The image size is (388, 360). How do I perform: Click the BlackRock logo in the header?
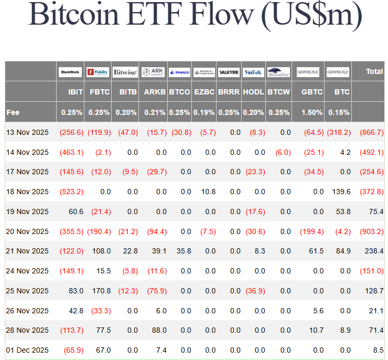click(70, 71)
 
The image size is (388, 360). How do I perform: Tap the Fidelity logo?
click(98, 71)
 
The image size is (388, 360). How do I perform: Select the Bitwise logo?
click(125, 71)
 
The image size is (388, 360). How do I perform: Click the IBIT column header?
click(76, 92)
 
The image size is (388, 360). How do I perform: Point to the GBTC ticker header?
click(308, 92)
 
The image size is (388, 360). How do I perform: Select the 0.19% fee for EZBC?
click(204, 112)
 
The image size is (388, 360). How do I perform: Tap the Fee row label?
click(13, 112)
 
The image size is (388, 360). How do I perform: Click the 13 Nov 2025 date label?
click(27, 132)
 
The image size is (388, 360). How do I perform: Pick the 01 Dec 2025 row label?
click(27, 350)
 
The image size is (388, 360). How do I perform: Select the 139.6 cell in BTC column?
click(341, 192)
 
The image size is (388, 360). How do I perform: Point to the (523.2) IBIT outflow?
click(71, 192)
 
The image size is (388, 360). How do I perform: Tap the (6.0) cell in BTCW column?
click(283, 152)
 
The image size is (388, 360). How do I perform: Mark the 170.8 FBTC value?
click(101, 291)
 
